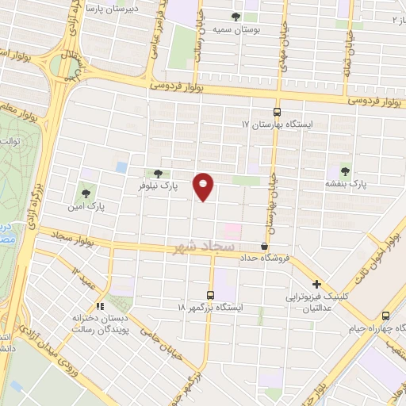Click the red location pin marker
pos(205,186)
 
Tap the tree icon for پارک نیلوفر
pos(158,174)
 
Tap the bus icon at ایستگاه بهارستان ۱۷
pos(277,112)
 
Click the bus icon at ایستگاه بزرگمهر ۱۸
pos(210,293)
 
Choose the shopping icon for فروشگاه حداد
pos(264,246)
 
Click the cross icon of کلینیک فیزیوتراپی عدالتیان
pos(316,283)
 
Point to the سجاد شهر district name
pos(201,247)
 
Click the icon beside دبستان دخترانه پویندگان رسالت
pos(100,305)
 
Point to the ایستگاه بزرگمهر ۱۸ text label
pos(213,306)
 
